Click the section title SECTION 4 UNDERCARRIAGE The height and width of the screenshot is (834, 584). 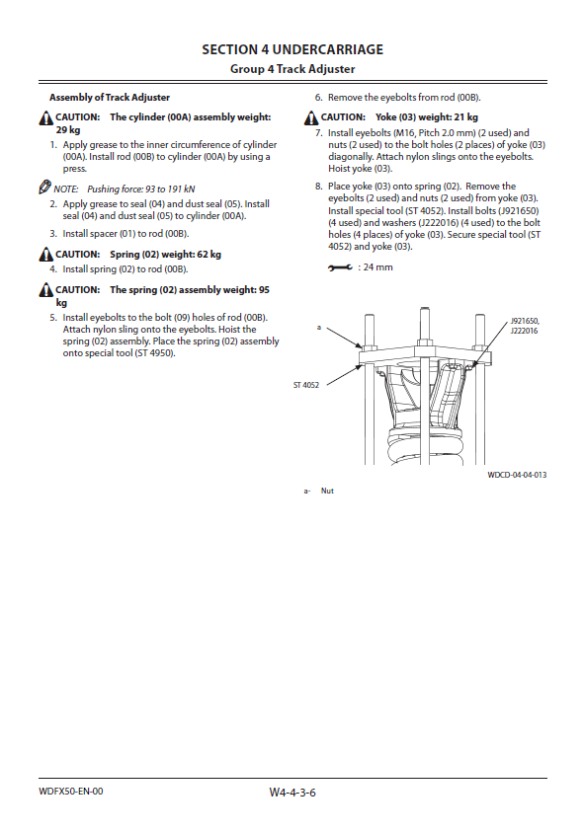pos(292,49)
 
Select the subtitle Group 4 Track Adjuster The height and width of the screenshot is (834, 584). pos(292,69)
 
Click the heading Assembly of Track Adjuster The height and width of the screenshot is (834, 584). pos(110,98)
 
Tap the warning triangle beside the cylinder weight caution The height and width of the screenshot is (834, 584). pos(46,118)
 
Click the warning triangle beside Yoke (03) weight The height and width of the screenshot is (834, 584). pos(311,118)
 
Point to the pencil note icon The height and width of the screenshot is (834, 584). pos(44,188)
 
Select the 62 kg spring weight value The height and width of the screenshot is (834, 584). pos(209,255)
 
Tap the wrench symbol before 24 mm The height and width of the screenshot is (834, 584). pos(340,267)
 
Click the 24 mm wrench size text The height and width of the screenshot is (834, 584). pos(378,267)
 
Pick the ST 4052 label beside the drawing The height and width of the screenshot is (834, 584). pos(306,385)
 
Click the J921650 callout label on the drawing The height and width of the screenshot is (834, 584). pos(525,321)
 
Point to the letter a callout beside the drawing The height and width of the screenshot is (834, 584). pos(319,328)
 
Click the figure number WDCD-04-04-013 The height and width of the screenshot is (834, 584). pos(517,475)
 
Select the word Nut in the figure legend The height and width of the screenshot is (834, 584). pos(327,491)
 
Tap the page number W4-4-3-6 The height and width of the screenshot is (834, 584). pos(292,793)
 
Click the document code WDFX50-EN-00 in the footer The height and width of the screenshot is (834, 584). pos(71,792)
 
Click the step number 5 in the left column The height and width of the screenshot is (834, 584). pos(52,318)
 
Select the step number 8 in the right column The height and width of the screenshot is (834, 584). pos(318,187)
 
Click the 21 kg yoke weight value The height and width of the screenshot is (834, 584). pos(465,117)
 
